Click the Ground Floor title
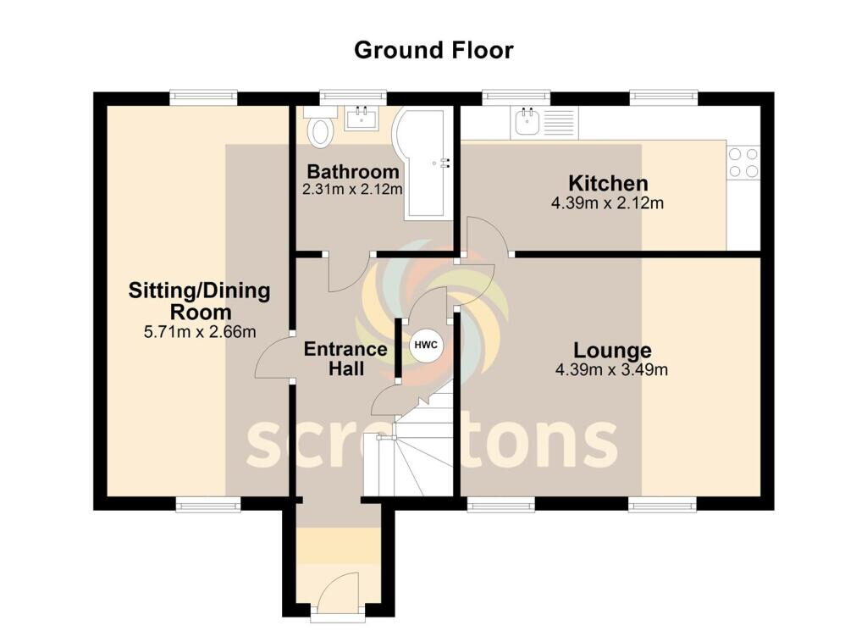[433, 50]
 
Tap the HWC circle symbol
[426, 345]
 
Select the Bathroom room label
[353, 171]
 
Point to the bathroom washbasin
[362, 118]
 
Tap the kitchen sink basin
[527, 122]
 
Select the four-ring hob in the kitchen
[743, 163]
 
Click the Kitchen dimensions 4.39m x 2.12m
[607, 203]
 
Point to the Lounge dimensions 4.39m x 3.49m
[611, 369]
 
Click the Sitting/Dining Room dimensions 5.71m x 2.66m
[200, 332]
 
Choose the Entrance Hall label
[345, 359]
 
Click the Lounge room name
[612, 351]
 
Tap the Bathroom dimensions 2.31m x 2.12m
[352, 190]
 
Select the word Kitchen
[608, 183]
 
